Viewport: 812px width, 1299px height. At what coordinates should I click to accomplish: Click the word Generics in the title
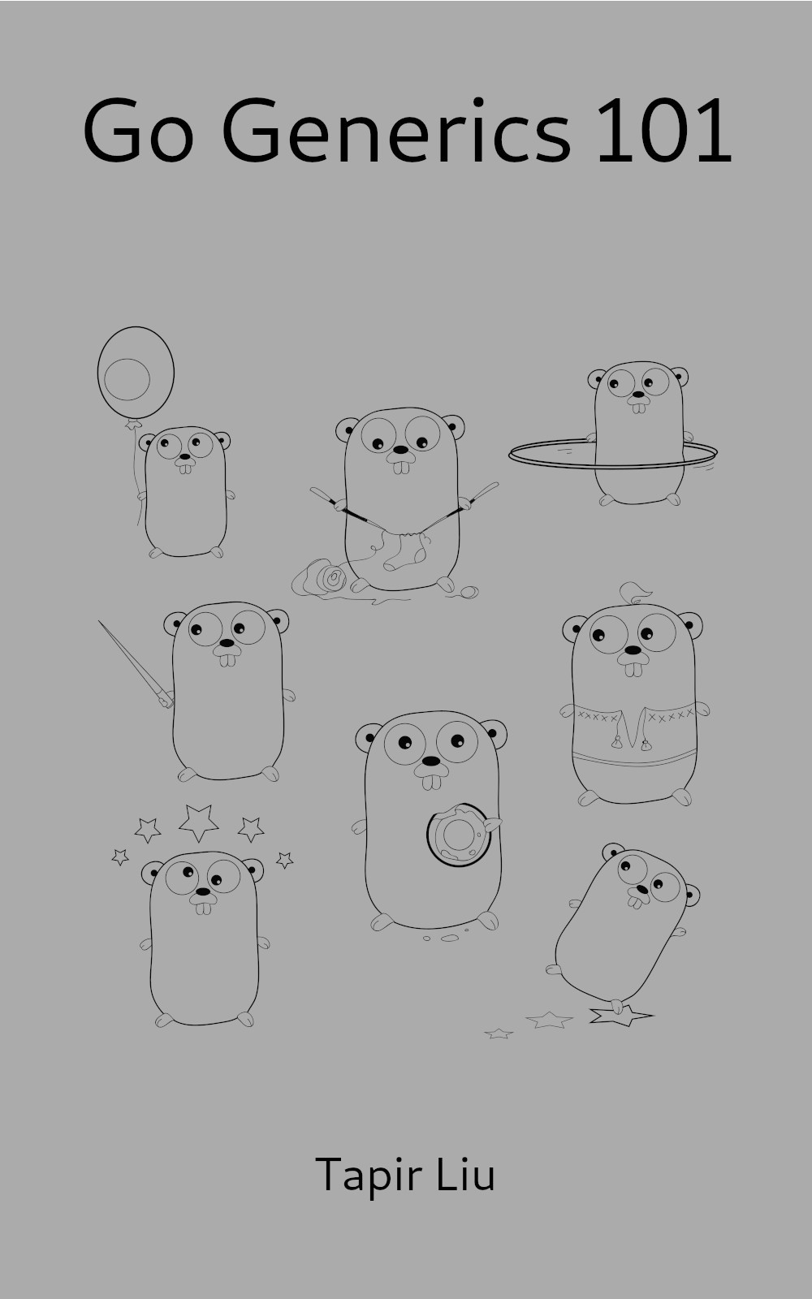[x=397, y=131]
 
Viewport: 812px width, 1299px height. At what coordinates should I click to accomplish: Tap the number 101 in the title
[x=664, y=130]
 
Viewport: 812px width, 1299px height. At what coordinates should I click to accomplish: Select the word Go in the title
[x=138, y=130]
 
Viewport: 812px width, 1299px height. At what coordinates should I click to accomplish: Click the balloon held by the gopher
[x=136, y=373]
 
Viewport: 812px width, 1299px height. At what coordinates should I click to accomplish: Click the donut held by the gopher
[x=459, y=835]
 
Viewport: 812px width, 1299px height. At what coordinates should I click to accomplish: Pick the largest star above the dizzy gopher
[x=198, y=822]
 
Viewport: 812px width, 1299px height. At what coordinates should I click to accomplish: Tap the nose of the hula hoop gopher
[x=638, y=395]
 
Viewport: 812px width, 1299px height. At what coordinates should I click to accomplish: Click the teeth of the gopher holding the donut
[x=431, y=783]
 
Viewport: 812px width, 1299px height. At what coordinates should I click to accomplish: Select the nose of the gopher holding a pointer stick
[x=227, y=642]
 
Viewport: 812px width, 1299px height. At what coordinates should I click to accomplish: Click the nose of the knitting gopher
[x=401, y=450]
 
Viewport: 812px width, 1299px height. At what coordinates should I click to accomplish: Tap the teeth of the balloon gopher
[x=185, y=468]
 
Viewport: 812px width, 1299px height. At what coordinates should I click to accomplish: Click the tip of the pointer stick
[x=99, y=621]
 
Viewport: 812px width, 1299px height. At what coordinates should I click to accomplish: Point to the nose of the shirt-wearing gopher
[x=633, y=650]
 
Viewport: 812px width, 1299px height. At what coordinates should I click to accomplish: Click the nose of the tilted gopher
[x=642, y=890]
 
